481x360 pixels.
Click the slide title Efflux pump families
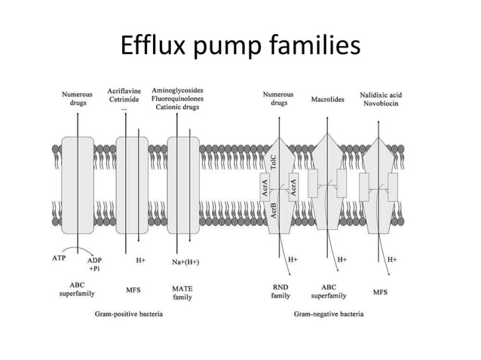point(240,47)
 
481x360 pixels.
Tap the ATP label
point(59,258)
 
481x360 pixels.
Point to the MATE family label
point(182,292)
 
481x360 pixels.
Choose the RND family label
point(280,291)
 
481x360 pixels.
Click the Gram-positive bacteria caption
point(126,312)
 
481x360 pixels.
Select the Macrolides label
point(327,99)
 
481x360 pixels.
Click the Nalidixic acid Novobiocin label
point(380,99)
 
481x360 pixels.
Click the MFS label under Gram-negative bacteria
point(380,291)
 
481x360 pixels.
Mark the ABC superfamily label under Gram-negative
point(329,291)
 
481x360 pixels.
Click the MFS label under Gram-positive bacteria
point(133,288)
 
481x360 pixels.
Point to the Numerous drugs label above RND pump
point(278,99)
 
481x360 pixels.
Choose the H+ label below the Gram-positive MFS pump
point(141,261)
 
